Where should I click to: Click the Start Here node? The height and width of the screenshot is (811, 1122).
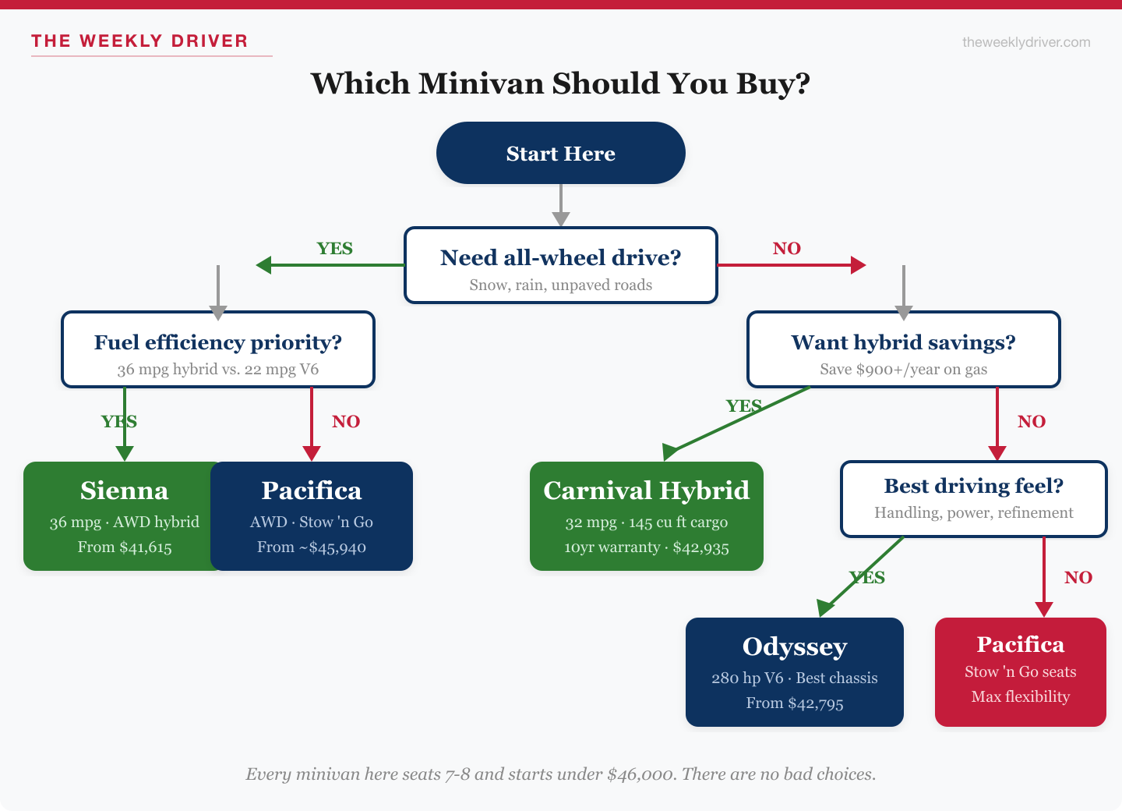(x=560, y=153)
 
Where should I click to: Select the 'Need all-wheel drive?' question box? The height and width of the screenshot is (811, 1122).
(x=560, y=265)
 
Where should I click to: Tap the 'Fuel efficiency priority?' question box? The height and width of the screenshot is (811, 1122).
(x=218, y=349)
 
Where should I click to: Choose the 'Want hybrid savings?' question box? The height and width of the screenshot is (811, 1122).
(x=903, y=349)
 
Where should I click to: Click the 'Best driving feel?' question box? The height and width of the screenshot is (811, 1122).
(x=973, y=499)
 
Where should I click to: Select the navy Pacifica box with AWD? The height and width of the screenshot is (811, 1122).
(x=312, y=516)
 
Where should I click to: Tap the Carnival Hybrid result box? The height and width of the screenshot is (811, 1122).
(x=646, y=516)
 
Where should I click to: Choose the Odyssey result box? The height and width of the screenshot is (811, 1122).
(x=794, y=672)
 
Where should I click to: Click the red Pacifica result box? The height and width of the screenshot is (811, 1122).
(x=1020, y=672)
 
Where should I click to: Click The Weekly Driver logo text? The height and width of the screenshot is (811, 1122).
(x=139, y=41)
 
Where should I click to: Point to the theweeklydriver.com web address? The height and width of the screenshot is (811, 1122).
(x=1026, y=42)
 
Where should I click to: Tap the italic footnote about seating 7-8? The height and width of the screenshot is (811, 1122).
(x=560, y=774)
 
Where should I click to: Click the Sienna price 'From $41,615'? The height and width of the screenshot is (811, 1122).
(x=125, y=547)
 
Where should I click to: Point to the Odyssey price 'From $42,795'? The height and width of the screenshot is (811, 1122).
(x=794, y=703)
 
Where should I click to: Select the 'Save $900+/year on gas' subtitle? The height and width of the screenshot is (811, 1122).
(x=903, y=370)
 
